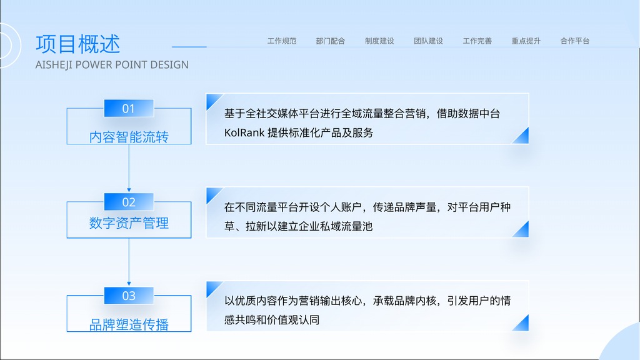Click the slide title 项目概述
click(x=77, y=44)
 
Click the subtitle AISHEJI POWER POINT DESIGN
click(x=112, y=65)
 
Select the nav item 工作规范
click(x=282, y=41)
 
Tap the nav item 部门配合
click(x=330, y=41)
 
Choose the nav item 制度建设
click(x=379, y=41)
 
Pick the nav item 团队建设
click(x=428, y=41)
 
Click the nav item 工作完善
click(x=477, y=41)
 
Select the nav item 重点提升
click(x=526, y=41)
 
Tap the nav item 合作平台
click(x=575, y=41)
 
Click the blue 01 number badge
click(x=129, y=108)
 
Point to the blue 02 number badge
click(x=129, y=202)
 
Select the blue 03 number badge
click(x=129, y=296)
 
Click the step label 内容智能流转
click(x=129, y=137)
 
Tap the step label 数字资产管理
click(x=129, y=223)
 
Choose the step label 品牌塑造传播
click(x=129, y=324)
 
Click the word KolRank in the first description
click(x=244, y=132)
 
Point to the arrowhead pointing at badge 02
click(x=129, y=190)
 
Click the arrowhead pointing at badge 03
click(x=129, y=284)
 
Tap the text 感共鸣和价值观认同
click(x=272, y=319)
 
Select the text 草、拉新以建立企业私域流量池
click(x=298, y=226)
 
